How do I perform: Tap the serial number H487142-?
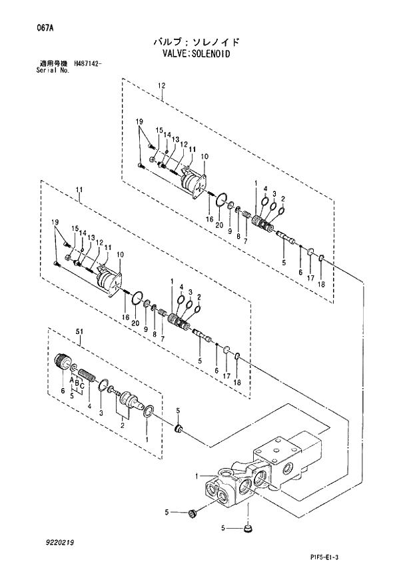click(84, 64)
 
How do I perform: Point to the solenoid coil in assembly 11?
click(107, 279)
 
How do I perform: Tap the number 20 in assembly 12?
click(219, 225)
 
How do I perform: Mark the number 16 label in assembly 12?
click(209, 219)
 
